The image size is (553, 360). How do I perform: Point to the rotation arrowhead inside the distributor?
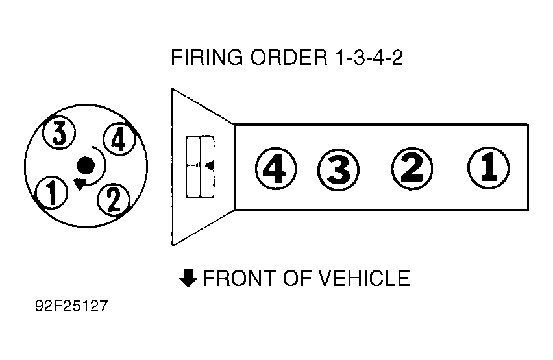click(x=80, y=184)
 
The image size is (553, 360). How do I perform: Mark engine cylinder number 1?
click(x=488, y=168)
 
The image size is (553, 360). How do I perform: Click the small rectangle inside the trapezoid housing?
click(x=201, y=167)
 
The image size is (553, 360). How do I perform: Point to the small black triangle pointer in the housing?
click(x=209, y=166)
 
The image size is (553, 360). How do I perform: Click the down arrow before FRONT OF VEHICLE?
click(x=188, y=278)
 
